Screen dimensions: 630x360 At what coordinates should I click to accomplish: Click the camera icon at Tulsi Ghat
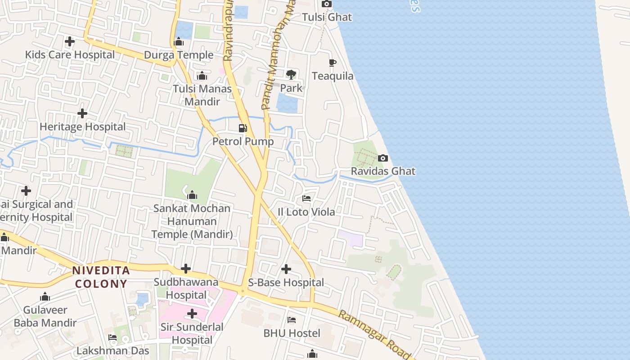pyautogui.click(x=327, y=4)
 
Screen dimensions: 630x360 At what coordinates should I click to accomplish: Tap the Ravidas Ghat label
pyautogui.click(x=383, y=171)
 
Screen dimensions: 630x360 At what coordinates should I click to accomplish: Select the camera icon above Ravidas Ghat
pyautogui.click(x=383, y=158)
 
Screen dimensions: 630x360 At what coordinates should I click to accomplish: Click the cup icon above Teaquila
pyautogui.click(x=333, y=63)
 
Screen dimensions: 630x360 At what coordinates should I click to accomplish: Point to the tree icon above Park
pyautogui.click(x=291, y=74)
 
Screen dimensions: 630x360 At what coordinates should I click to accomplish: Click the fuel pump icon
pyautogui.click(x=243, y=128)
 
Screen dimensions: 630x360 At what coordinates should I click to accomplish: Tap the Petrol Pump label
pyautogui.click(x=243, y=141)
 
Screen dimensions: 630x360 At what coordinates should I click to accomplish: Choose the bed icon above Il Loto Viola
pyautogui.click(x=306, y=198)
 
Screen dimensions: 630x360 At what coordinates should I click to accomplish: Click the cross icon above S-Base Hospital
pyautogui.click(x=286, y=269)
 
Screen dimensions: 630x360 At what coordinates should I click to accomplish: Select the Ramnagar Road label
pyautogui.click(x=375, y=334)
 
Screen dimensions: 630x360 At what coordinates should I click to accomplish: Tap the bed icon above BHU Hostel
pyautogui.click(x=292, y=320)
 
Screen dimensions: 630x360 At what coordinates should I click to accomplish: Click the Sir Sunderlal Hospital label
pyautogui.click(x=192, y=333)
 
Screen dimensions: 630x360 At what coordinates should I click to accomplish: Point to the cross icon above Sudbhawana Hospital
pyautogui.click(x=186, y=269)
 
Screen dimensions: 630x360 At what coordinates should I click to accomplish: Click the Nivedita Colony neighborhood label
pyautogui.click(x=101, y=277)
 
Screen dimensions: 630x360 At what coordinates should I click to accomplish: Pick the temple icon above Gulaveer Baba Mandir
pyautogui.click(x=45, y=297)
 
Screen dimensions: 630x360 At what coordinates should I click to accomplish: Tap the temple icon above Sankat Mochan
pyautogui.click(x=192, y=195)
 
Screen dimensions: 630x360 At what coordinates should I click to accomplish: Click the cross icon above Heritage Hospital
pyautogui.click(x=82, y=113)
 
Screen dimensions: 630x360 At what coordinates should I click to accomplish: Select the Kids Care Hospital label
pyautogui.click(x=70, y=55)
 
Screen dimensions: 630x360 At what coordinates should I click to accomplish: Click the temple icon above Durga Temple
pyautogui.click(x=179, y=42)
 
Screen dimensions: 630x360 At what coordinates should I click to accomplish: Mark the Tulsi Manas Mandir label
pyautogui.click(x=202, y=95)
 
